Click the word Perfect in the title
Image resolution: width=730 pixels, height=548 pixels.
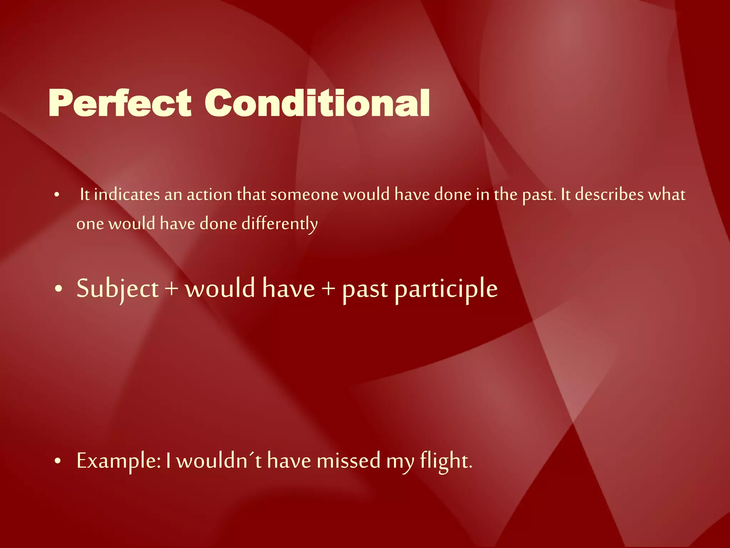click(x=120, y=103)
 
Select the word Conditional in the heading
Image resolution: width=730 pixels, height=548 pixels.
click(x=317, y=103)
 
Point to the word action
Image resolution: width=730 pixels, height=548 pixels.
click(x=209, y=195)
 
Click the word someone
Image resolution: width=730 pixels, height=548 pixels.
click(x=304, y=195)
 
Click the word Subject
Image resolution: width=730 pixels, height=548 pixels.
click(x=118, y=289)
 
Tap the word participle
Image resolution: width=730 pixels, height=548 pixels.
click(x=446, y=289)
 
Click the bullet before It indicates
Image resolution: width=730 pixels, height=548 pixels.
click(x=57, y=195)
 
